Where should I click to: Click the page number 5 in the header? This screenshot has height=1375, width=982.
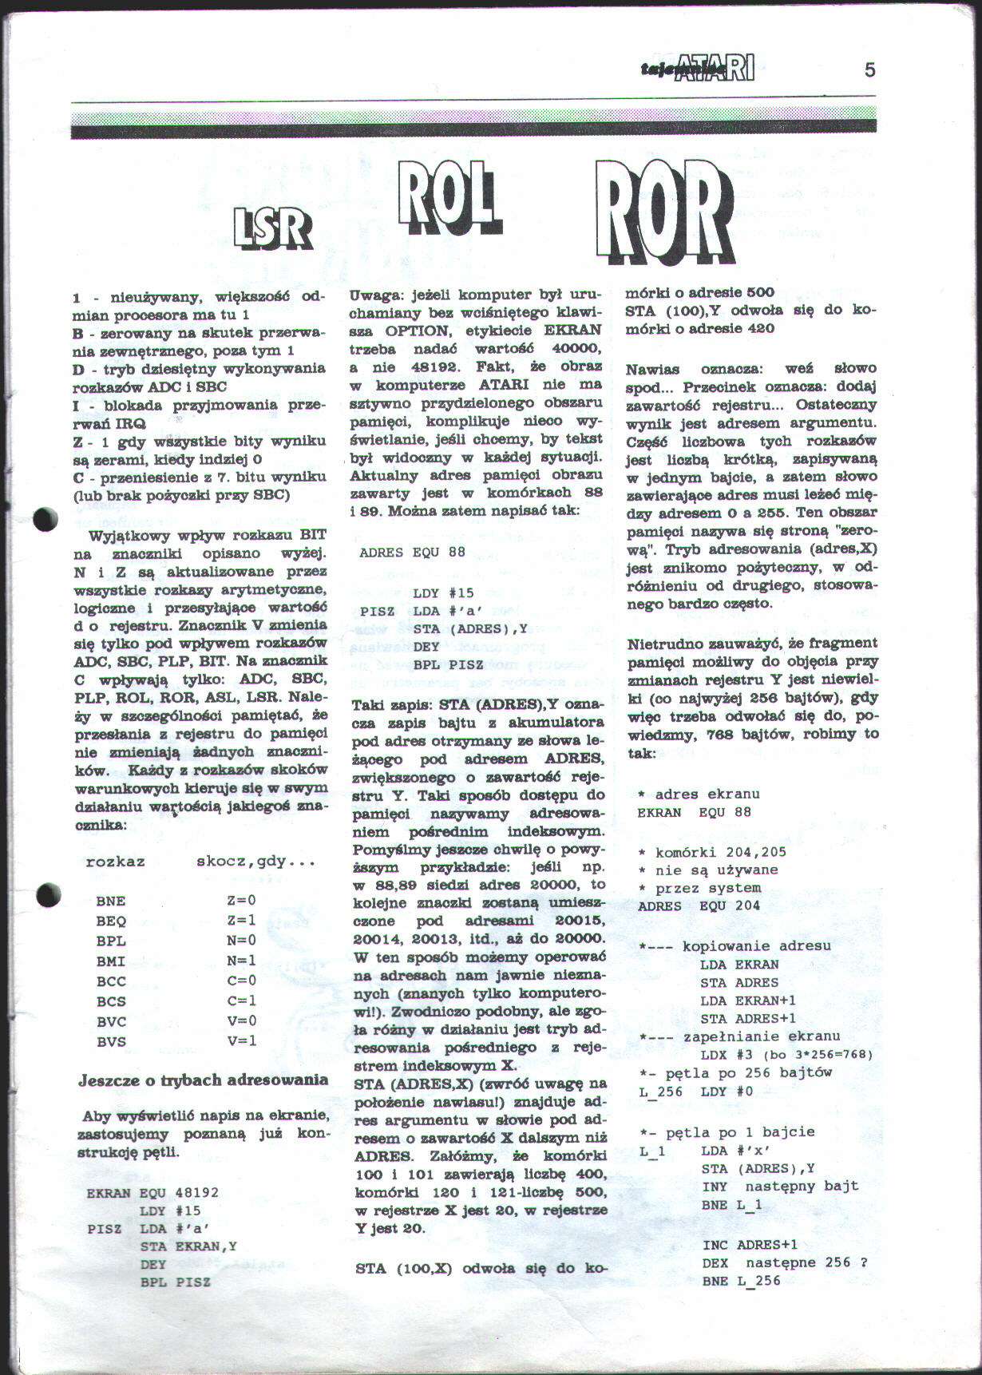pos(869,70)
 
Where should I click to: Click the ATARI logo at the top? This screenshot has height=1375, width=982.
pos(699,69)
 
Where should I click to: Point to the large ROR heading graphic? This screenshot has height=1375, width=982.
pos(665,211)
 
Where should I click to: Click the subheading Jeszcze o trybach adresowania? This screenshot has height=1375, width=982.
pos(203,1080)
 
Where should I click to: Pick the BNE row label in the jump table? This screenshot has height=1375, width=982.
pos(111,901)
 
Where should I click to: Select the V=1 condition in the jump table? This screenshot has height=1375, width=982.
pos(241,1041)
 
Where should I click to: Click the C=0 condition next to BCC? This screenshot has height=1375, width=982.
pos(241,981)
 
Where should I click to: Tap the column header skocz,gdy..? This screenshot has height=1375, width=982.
pos(255,862)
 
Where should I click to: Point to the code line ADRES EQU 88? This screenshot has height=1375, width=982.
pos(412,553)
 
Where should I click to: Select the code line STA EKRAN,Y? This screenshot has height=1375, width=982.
pos(188,1246)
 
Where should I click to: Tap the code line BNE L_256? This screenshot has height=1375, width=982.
pos(741,1282)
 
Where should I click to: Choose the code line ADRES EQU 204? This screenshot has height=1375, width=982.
pos(699,906)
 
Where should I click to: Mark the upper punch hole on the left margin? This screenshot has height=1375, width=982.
pos(47,520)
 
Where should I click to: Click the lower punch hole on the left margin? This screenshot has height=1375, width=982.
pos(48,894)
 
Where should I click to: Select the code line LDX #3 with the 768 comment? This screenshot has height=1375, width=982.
pos(786,1055)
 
